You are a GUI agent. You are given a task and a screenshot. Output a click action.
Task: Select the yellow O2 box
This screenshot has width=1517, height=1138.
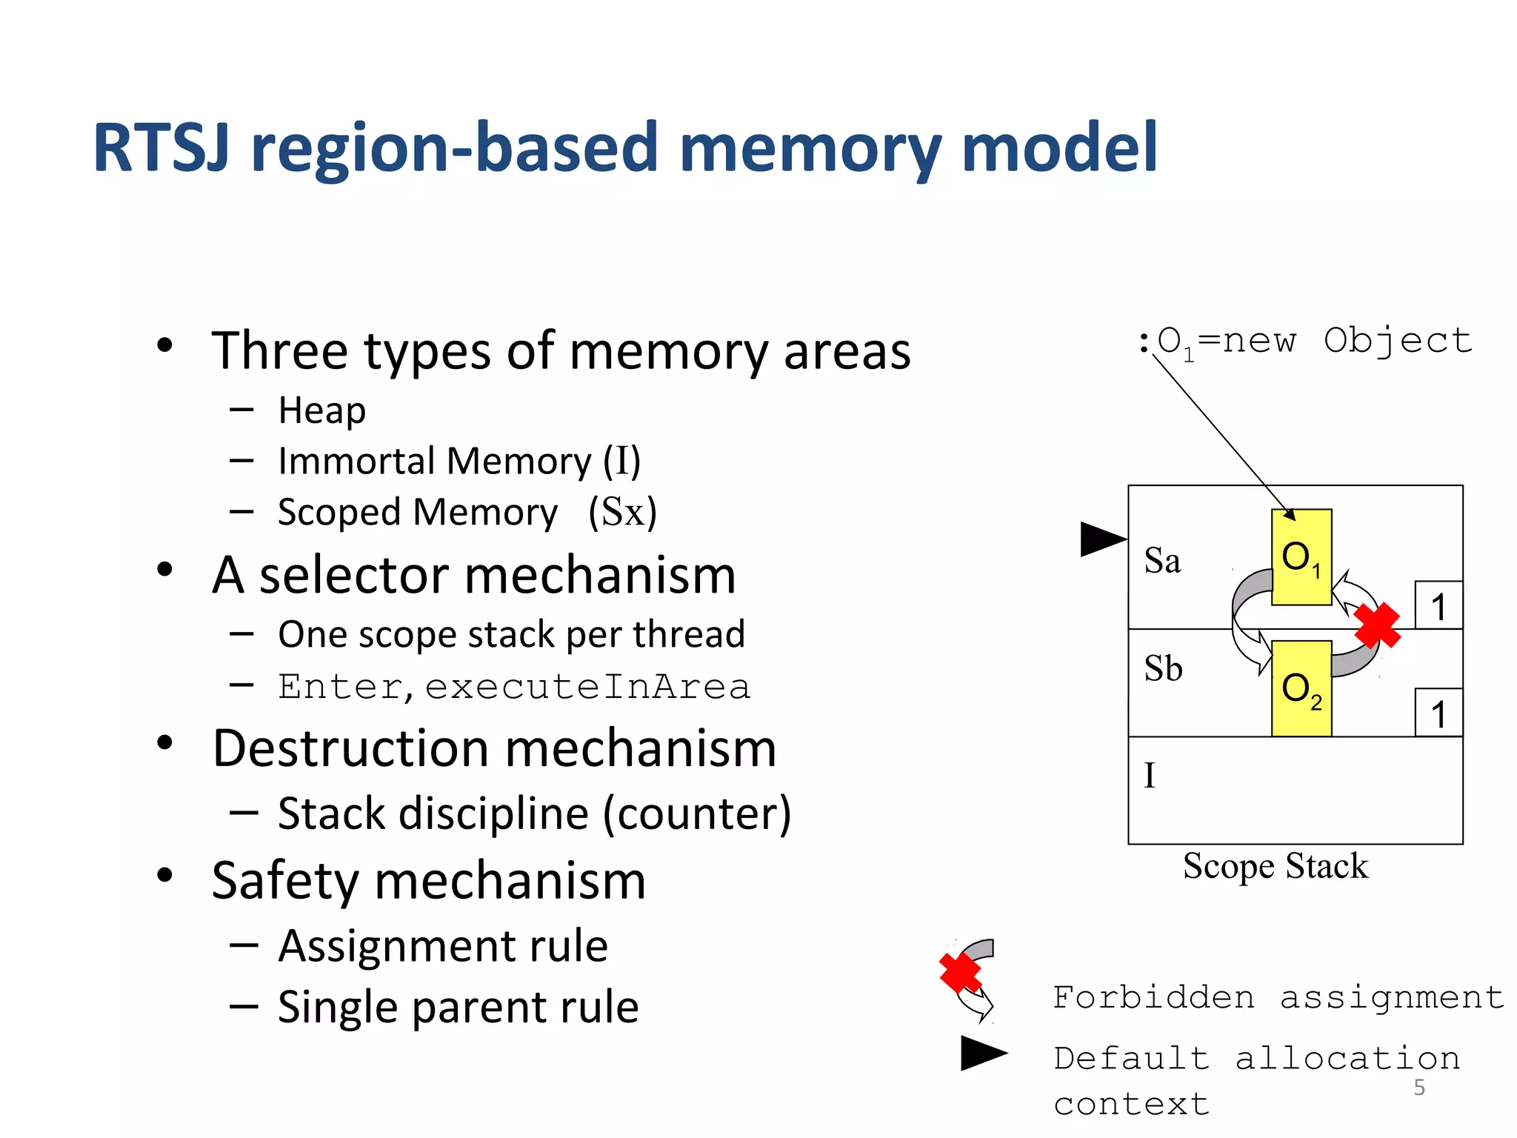[x=1301, y=689]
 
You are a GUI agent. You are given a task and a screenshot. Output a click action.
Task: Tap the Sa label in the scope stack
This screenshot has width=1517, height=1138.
[x=1162, y=561]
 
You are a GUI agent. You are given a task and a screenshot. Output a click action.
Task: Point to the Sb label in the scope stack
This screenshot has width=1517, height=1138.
[x=1163, y=669]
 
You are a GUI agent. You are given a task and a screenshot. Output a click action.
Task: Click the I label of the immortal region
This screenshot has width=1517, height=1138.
[x=1150, y=776]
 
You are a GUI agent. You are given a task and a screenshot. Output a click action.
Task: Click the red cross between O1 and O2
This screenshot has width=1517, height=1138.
[x=1377, y=625]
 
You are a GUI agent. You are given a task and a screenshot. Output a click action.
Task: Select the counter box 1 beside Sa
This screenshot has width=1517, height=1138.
[x=1438, y=606]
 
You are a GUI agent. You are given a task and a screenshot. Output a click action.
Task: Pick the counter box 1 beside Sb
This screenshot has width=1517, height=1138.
[x=1438, y=713]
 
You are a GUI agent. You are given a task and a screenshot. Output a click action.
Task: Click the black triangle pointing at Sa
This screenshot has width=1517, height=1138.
[x=1101, y=539]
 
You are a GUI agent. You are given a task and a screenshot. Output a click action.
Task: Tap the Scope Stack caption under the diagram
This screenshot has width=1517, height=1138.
[x=1275, y=866]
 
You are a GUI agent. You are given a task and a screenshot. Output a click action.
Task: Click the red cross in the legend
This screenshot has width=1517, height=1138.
[x=960, y=972]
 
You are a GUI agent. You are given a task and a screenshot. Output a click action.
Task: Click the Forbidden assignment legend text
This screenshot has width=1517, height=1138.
[x=1278, y=997]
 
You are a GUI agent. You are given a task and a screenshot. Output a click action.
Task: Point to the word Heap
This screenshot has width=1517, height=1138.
[x=321, y=410]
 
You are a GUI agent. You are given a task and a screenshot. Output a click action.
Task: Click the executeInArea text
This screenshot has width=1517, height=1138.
[x=587, y=687]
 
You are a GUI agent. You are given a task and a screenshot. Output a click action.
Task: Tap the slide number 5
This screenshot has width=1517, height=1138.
[x=1418, y=1088]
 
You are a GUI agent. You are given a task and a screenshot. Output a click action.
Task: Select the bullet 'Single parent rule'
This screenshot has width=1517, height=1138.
[x=458, y=1008]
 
